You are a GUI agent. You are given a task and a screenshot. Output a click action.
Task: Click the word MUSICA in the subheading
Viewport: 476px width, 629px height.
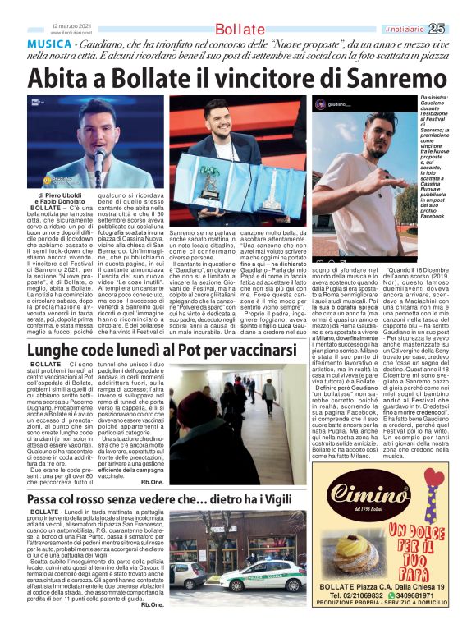[x=49, y=42]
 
